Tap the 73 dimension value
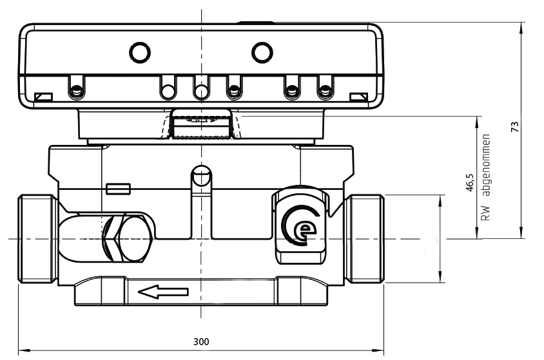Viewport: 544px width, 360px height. (x=514, y=126)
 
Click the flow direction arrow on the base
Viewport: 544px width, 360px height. (x=164, y=293)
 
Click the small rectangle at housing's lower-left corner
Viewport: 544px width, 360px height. (x=44, y=97)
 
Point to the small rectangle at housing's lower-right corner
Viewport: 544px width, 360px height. (x=358, y=97)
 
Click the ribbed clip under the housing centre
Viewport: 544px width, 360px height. (x=200, y=125)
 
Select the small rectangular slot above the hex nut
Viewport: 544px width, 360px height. (x=119, y=188)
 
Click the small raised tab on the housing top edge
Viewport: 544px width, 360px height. (x=256, y=23)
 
